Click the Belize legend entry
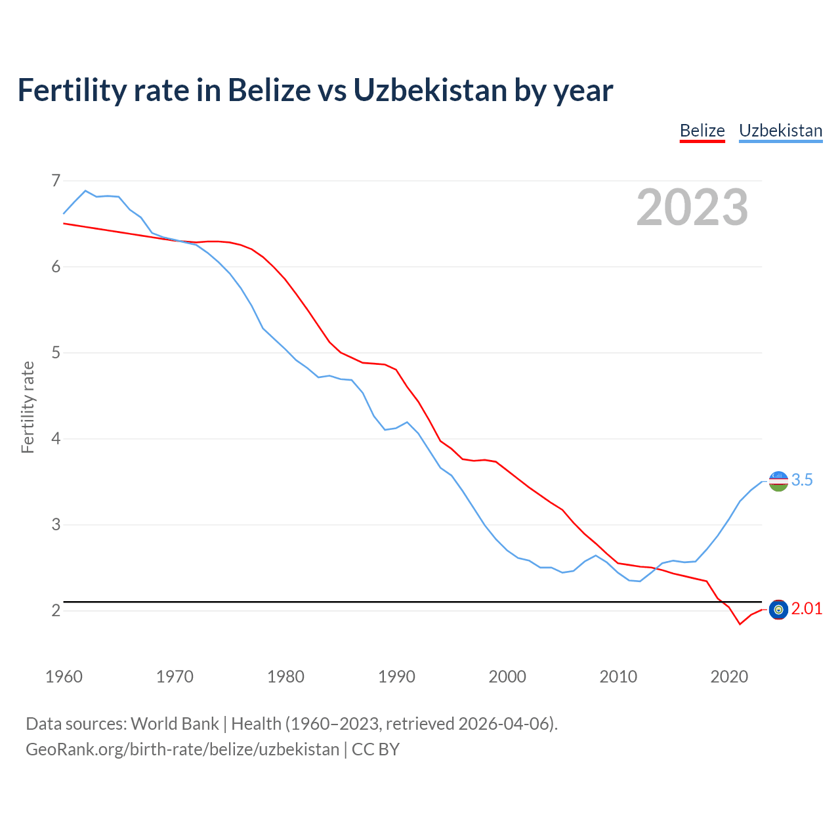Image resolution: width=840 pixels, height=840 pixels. (x=702, y=131)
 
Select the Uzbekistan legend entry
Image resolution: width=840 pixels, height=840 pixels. (x=780, y=131)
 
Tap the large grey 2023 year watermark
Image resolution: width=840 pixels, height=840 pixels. (x=692, y=207)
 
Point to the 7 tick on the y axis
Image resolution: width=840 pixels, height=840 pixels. (x=56, y=180)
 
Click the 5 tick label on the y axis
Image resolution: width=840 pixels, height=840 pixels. (x=56, y=352)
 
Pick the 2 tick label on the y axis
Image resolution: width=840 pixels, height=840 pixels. (x=56, y=610)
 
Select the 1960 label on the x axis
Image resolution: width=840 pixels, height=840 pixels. (x=64, y=677)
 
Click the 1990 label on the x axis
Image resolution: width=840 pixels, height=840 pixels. (x=396, y=677)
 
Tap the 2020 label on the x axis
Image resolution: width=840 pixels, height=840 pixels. (x=729, y=677)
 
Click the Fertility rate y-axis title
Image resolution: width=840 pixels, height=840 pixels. (x=28, y=407)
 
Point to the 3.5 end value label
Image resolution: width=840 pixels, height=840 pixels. (x=802, y=480)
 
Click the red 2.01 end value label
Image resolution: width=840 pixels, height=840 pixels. (x=807, y=609)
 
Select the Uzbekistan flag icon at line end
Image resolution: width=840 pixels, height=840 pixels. (x=778, y=481)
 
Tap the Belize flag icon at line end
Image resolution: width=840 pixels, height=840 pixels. (x=778, y=610)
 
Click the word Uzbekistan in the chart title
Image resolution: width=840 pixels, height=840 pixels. (x=430, y=90)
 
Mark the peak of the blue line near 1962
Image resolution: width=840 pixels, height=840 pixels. (x=85, y=190)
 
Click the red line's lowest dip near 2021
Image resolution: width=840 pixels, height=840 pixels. (x=740, y=624)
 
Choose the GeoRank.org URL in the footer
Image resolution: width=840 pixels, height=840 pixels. (x=182, y=749)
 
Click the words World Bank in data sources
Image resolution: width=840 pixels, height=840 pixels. (x=175, y=724)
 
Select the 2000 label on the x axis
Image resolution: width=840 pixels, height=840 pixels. (x=507, y=677)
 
